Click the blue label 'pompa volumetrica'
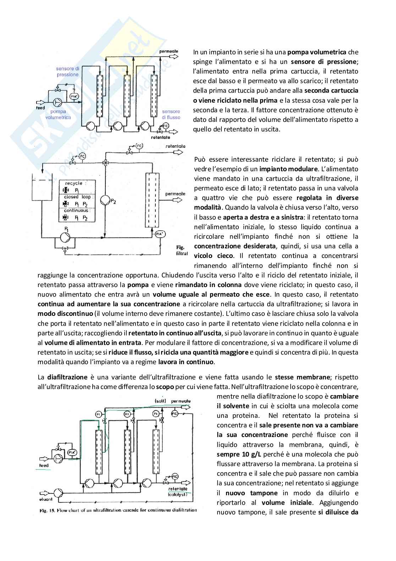point(58,114)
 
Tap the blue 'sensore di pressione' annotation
point(67,71)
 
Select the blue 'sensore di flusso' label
point(171,114)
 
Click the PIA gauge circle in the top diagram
point(73,97)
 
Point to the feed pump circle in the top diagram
point(57,103)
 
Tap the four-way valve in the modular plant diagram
point(105,163)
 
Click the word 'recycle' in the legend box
point(74,183)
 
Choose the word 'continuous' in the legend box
point(76,210)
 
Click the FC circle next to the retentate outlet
point(139,146)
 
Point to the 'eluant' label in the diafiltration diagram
point(45,499)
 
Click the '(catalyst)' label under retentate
point(177,494)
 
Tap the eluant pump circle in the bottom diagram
point(58,492)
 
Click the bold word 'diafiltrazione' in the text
point(67,377)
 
